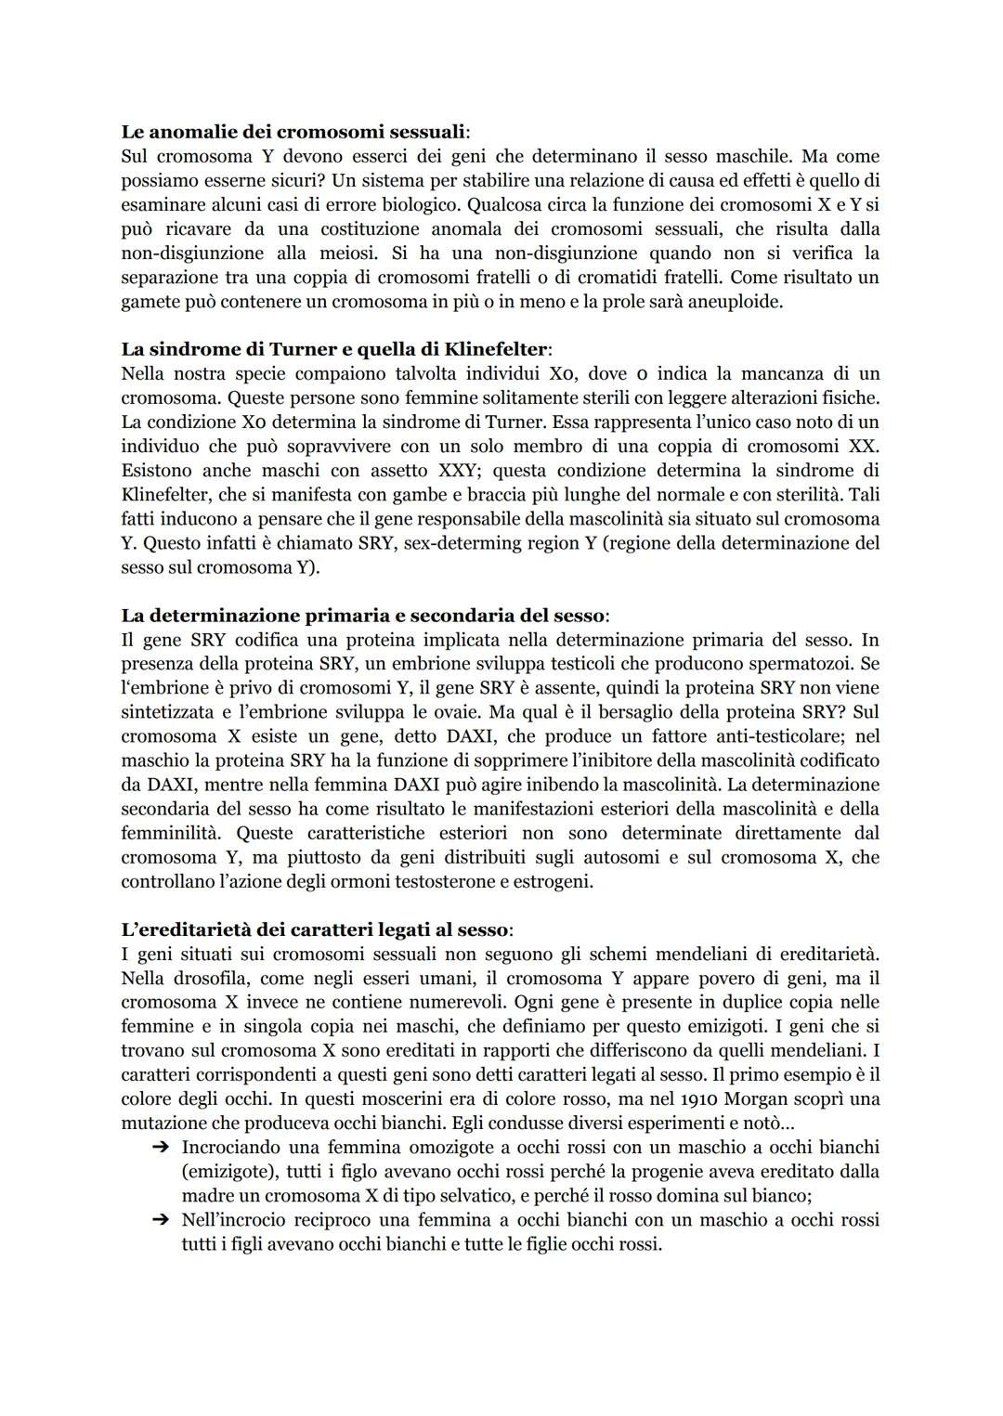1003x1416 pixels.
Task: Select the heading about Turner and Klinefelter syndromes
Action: tap(335, 349)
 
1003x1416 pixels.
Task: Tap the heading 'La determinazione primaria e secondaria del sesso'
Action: tap(364, 615)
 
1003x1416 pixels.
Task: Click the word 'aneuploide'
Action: tap(736, 302)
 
